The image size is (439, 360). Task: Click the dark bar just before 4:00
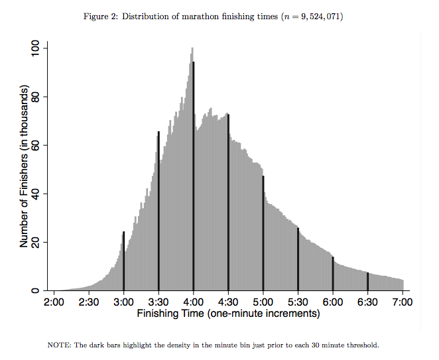coord(193,176)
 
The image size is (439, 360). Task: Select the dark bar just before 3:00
coord(123,261)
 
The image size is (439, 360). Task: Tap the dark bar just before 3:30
coord(158,211)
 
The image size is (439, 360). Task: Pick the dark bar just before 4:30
coord(228,203)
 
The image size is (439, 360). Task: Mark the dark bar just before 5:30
coord(298,259)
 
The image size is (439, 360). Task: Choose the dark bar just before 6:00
coord(333,274)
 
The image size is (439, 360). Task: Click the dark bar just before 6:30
coord(367,282)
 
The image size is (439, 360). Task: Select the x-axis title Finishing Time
coord(228,314)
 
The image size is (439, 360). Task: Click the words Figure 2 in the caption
coord(100,16)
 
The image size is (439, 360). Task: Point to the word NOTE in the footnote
coord(60,345)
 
